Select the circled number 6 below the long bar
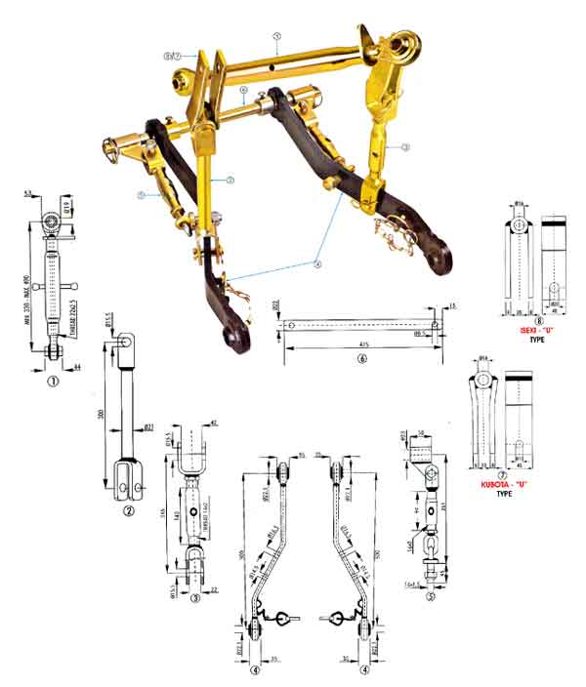(x=362, y=358)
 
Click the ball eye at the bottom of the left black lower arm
(x=234, y=339)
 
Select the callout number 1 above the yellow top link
(x=277, y=35)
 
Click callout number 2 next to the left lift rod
(x=229, y=180)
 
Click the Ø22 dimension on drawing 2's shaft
(x=150, y=425)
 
